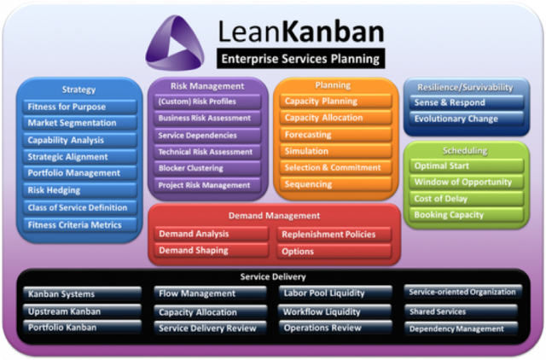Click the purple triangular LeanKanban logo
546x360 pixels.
point(174,43)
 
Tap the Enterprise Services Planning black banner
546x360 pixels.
point(300,59)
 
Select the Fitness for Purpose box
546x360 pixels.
point(80,107)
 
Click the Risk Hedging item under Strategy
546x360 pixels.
point(80,190)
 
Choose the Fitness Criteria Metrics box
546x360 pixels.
point(80,225)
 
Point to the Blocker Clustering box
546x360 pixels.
point(207,168)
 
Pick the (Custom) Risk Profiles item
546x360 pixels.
point(207,102)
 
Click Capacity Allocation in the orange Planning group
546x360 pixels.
point(335,118)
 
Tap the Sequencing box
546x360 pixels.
point(335,184)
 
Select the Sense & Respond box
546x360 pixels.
point(467,102)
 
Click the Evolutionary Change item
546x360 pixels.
point(467,119)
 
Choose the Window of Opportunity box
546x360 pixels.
point(467,182)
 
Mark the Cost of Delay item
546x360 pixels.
point(467,199)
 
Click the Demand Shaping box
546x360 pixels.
point(212,250)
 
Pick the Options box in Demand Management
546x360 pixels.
point(334,252)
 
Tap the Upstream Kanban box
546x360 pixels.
point(82,311)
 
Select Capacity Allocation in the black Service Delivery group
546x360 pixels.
point(211,312)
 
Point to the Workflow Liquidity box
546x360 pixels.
point(335,311)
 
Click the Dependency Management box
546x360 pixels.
point(461,328)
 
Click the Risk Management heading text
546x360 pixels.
point(207,86)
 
